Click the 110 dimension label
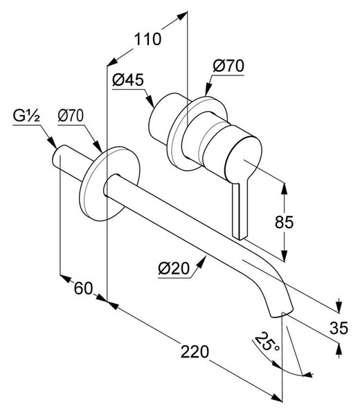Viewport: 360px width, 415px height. (x=147, y=39)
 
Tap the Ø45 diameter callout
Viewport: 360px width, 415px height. (x=127, y=80)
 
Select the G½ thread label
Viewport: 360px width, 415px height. (x=26, y=116)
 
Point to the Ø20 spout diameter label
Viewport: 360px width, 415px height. (x=174, y=268)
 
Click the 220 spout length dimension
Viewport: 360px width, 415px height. (x=195, y=352)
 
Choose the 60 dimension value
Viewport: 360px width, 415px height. (x=84, y=288)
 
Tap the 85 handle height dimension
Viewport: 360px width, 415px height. (x=285, y=222)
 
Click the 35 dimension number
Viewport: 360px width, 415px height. (x=339, y=328)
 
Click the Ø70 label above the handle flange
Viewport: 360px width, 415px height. (x=228, y=66)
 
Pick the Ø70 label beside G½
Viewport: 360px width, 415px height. (x=71, y=116)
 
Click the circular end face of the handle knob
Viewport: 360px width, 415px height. (x=243, y=160)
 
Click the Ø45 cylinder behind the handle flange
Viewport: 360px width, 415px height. (x=163, y=118)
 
